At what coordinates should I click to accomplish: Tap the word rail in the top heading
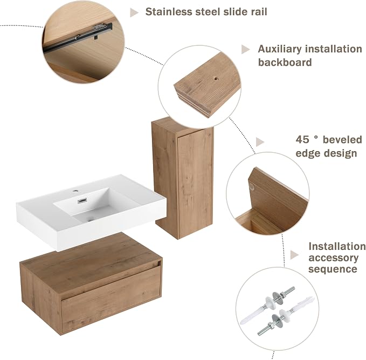click(259, 12)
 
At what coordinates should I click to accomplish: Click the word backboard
click(285, 63)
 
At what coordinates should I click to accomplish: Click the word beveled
click(342, 140)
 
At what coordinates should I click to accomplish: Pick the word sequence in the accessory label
click(333, 269)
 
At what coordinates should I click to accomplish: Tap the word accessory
click(333, 258)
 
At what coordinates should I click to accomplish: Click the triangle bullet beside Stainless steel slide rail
click(134, 12)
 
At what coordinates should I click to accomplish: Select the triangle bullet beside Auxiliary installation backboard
click(245, 49)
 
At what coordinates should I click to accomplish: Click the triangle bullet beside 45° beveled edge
click(260, 142)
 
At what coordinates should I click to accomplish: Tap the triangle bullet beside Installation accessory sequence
click(294, 255)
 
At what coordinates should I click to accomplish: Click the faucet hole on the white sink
click(75, 191)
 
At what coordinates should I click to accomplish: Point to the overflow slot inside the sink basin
click(82, 200)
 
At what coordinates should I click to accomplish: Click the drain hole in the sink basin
click(91, 219)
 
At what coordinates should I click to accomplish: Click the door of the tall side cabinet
click(195, 182)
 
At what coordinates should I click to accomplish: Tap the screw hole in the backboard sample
click(216, 79)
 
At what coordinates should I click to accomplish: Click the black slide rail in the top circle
click(78, 38)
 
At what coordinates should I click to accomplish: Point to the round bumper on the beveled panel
click(252, 186)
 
